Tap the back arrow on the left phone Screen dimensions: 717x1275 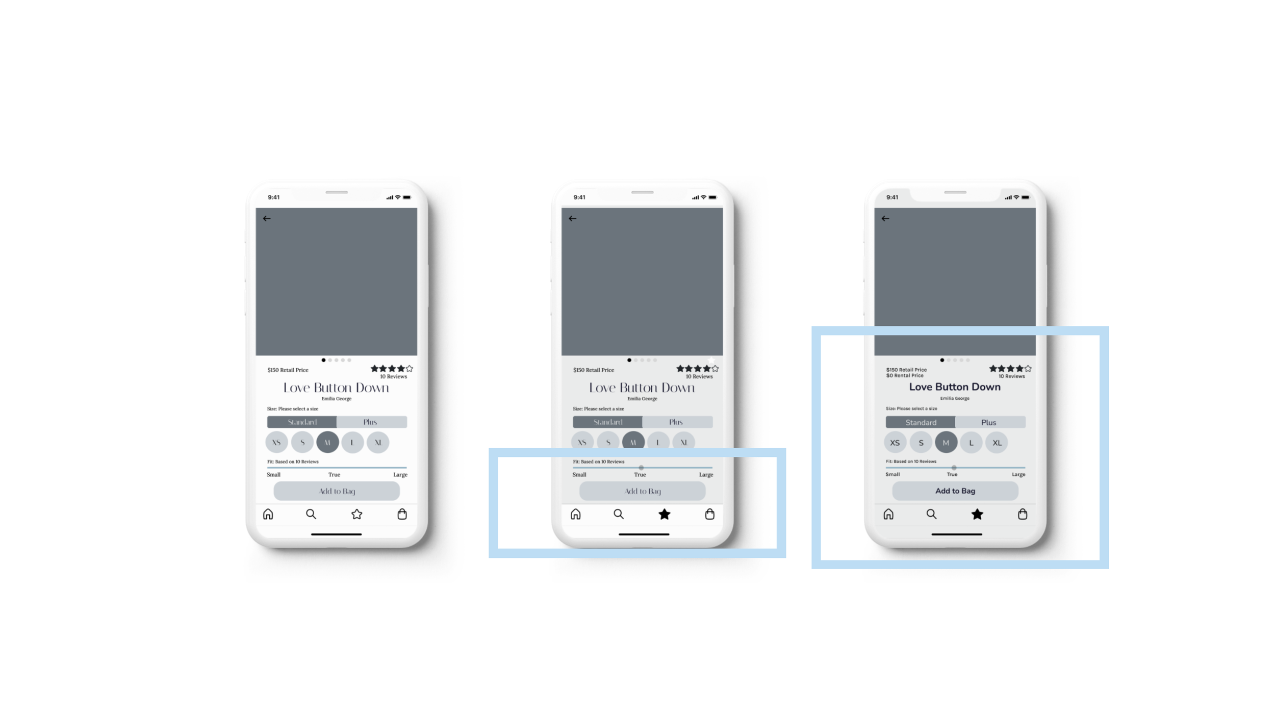coord(267,218)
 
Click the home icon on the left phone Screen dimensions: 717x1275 coord(268,514)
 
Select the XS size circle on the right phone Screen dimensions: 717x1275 coord(895,443)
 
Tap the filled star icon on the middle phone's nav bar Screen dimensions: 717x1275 coord(664,514)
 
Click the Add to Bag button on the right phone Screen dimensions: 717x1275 coord(955,491)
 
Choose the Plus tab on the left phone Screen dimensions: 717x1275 coord(371,422)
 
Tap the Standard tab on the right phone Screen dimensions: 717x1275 coord(921,422)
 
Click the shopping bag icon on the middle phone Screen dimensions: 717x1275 coord(709,514)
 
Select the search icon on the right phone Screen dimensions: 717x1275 coord(931,514)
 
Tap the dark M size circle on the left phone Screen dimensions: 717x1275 coord(327,442)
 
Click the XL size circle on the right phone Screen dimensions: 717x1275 coord(997,443)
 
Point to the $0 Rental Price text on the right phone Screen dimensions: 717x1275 coord(905,376)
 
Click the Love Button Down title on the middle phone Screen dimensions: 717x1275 coord(642,388)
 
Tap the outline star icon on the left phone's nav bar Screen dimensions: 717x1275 coord(356,514)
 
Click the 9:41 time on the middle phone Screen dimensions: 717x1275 coord(579,197)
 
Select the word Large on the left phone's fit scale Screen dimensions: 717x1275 coord(400,475)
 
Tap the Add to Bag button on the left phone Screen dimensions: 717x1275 coord(337,491)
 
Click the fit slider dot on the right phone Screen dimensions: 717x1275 coord(954,468)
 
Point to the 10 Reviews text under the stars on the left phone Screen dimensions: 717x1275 coord(393,377)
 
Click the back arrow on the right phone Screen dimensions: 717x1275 coord(885,218)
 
